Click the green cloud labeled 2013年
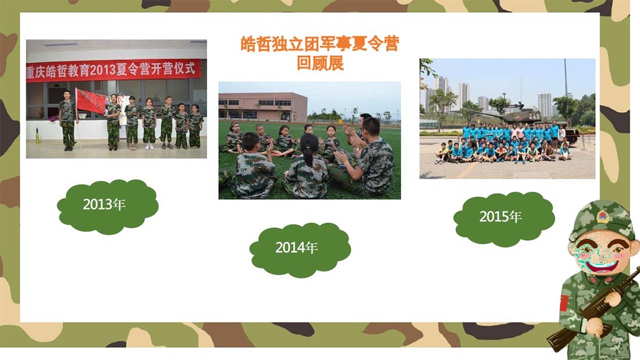click(x=108, y=206)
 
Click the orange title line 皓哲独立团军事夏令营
click(x=319, y=44)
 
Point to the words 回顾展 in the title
click(x=320, y=63)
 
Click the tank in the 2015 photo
click(x=527, y=119)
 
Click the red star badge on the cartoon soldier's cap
click(x=602, y=216)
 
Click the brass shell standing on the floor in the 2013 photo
click(x=38, y=136)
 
